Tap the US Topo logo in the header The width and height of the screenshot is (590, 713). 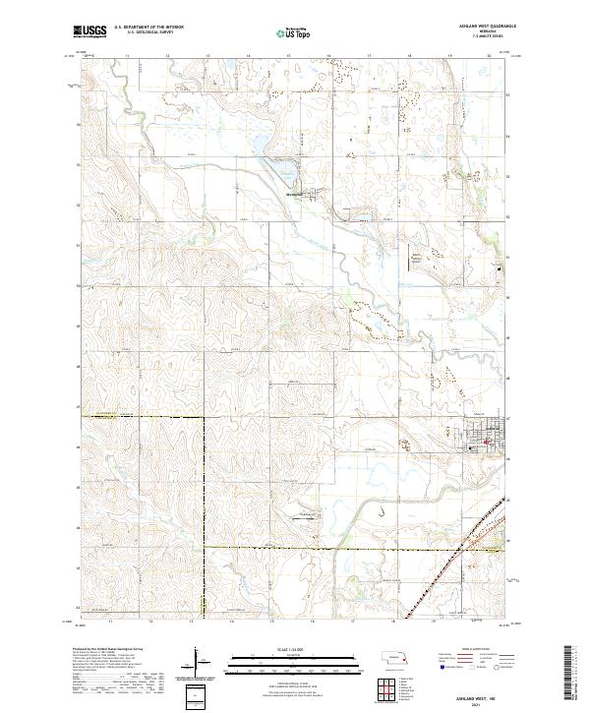pos(287,32)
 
